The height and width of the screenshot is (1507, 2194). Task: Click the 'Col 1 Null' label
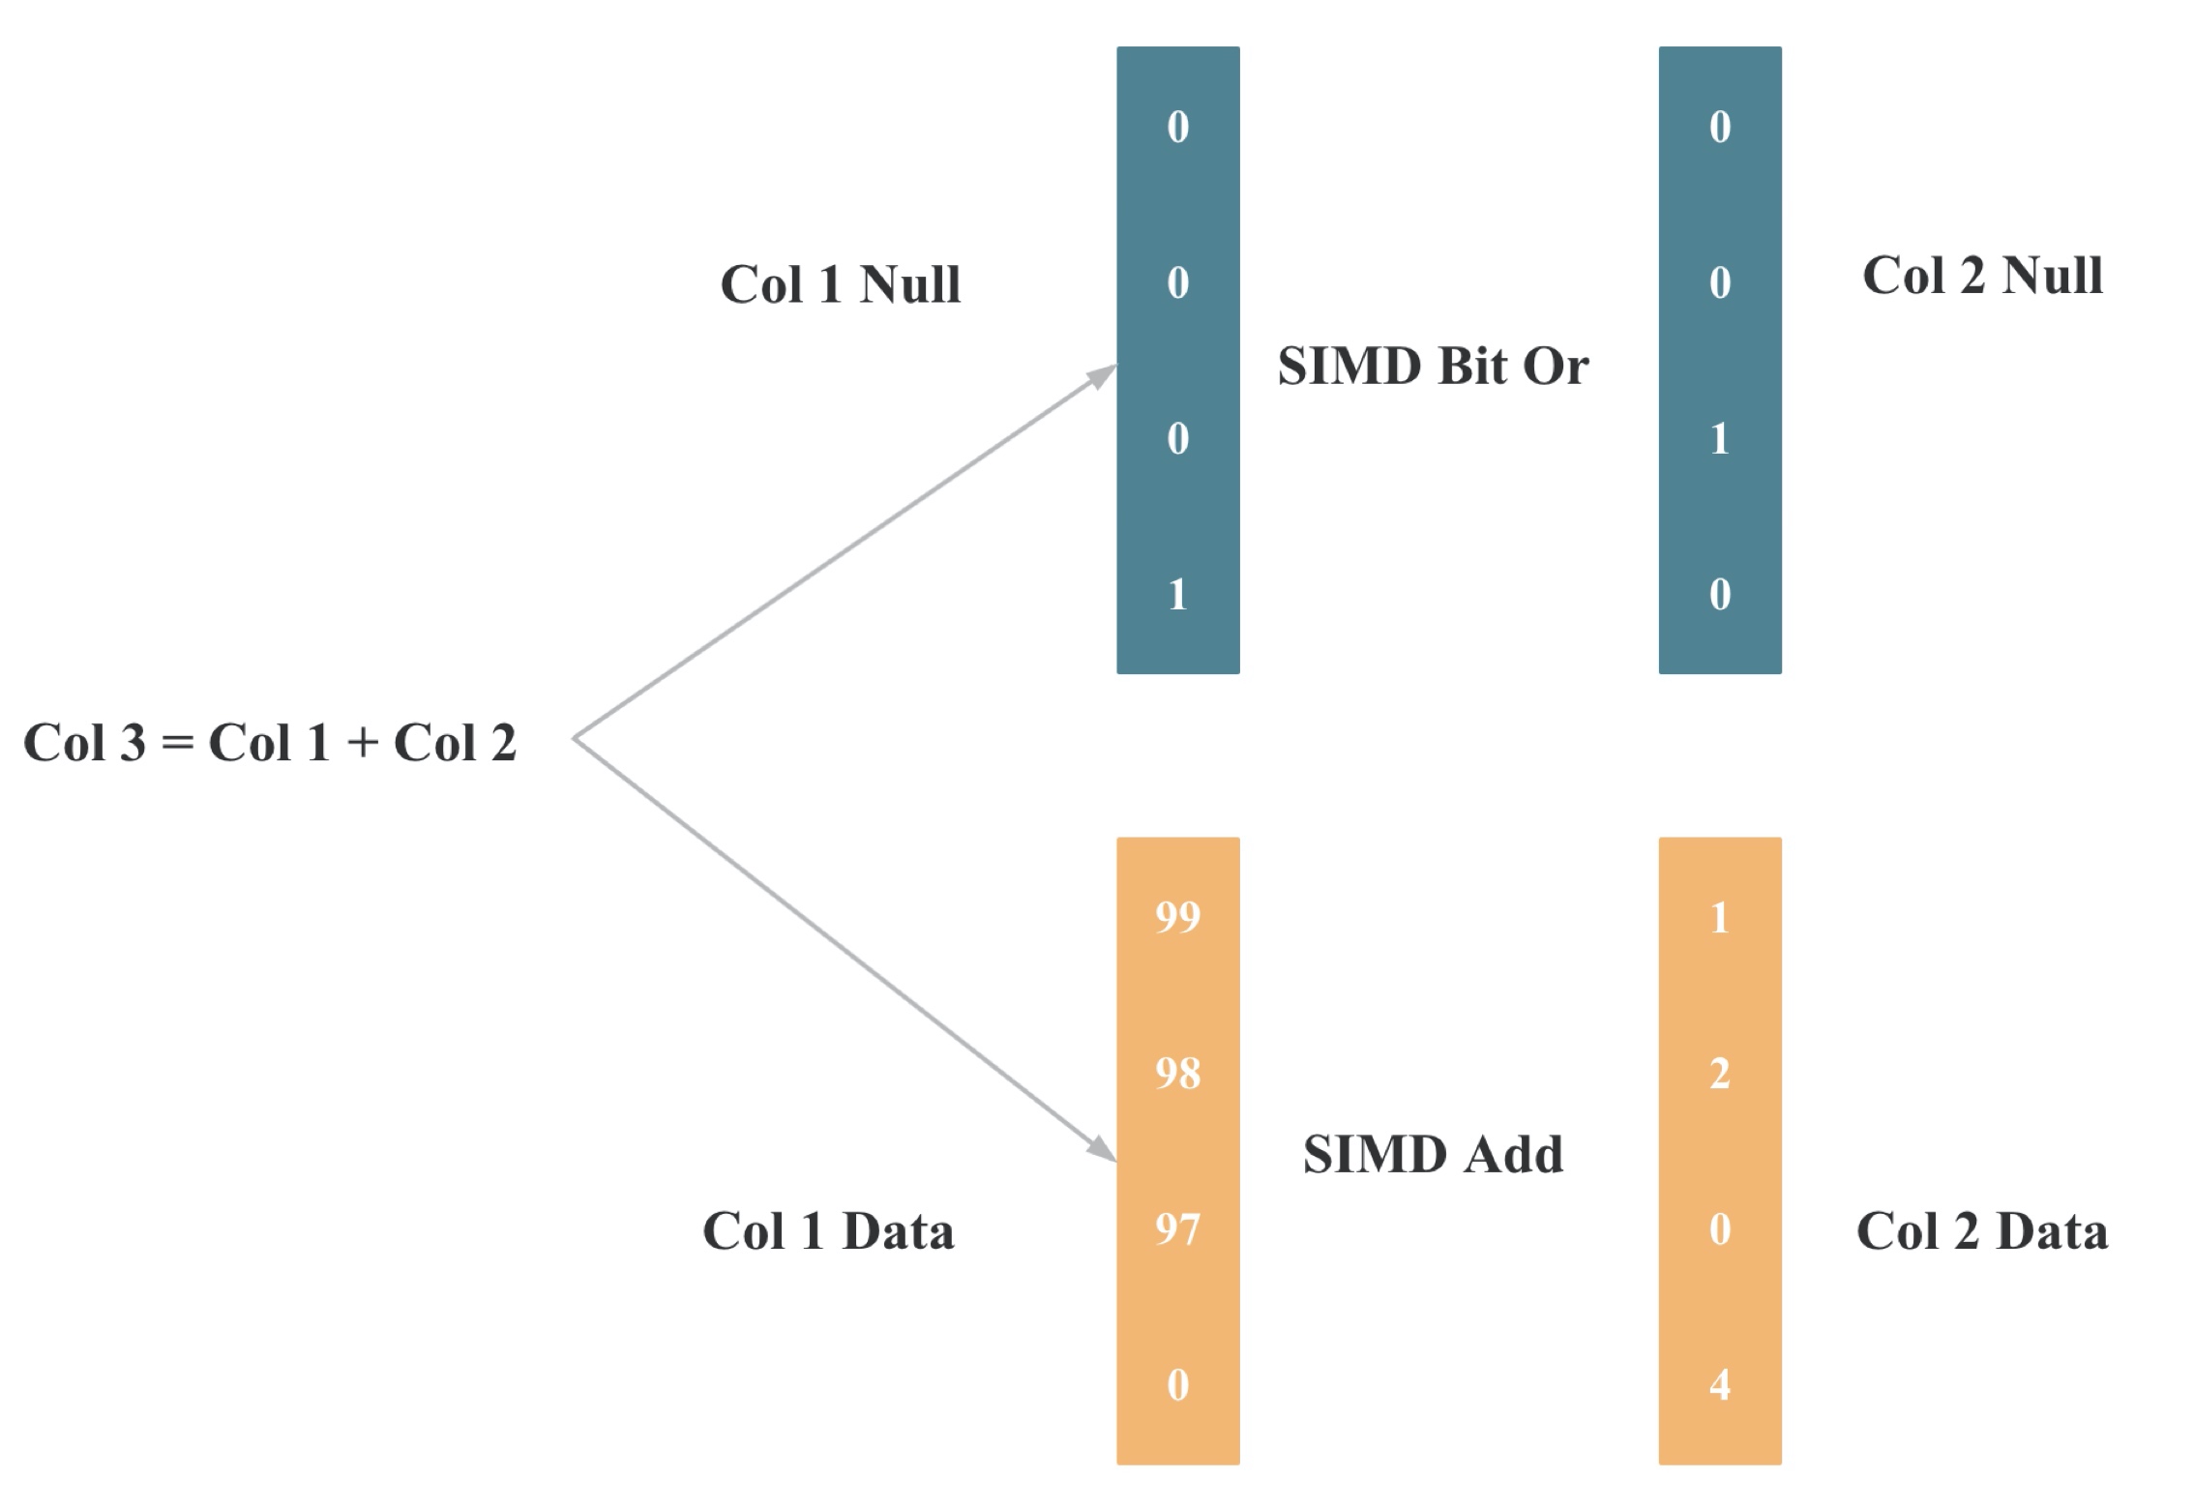tap(840, 284)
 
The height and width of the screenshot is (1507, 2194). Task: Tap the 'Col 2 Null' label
tap(1982, 276)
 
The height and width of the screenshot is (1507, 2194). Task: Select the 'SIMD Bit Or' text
tap(1433, 367)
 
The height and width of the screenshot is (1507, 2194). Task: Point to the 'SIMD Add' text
tap(1433, 1154)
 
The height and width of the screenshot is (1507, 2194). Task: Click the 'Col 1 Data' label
tap(828, 1231)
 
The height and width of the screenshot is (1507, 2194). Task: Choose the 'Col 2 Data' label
tap(1982, 1231)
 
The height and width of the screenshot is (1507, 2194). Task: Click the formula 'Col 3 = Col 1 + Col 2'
tap(270, 743)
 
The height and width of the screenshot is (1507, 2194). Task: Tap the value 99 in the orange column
tap(1177, 917)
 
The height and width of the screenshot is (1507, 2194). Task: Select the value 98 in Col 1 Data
tap(1177, 1074)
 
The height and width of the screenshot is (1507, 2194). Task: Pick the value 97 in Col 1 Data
tap(1177, 1229)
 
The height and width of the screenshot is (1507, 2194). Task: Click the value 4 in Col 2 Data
tap(1719, 1385)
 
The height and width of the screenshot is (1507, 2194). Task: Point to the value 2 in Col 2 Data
tap(1719, 1074)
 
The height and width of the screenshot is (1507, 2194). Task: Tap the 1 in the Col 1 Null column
tap(1177, 595)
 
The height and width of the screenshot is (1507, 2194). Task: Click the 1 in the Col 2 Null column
tap(1719, 439)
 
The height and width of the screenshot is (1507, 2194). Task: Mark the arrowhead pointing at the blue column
tap(1103, 375)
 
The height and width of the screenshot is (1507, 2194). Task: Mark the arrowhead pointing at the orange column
tap(1103, 1150)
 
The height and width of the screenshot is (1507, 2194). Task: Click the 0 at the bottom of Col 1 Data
tap(1177, 1385)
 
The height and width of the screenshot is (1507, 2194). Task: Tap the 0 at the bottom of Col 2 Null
tap(1719, 595)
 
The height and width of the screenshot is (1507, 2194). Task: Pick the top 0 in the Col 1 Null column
tap(1177, 127)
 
